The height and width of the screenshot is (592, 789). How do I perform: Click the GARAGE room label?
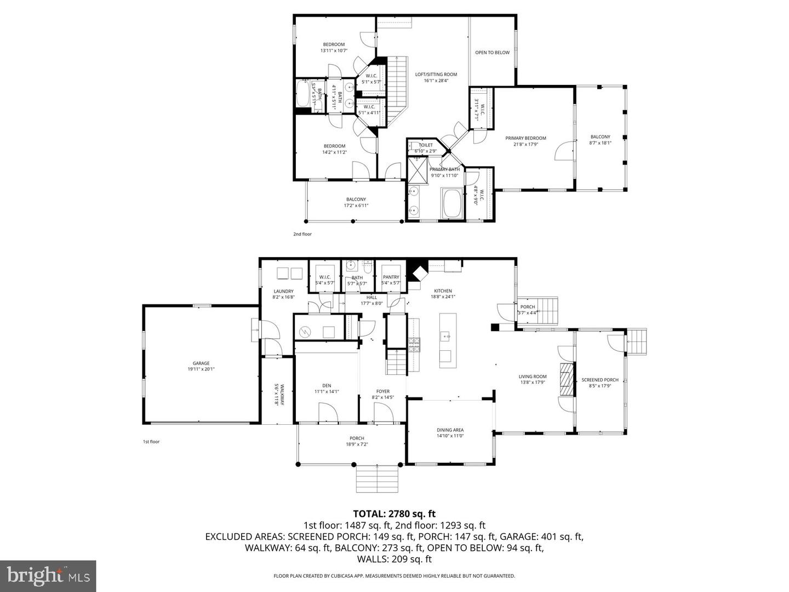[x=201, y=363]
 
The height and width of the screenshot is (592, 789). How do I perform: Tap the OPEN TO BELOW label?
[x=492, y=53]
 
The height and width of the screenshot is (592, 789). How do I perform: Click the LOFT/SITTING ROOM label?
[x=436, y=75]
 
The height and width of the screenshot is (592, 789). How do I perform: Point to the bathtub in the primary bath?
[x=452, y=203]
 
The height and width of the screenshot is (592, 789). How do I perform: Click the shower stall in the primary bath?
[x=418, y=169]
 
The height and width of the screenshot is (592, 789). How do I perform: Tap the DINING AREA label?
[x=450, y=430]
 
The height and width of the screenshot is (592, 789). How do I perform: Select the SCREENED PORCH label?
[x=600, y=380]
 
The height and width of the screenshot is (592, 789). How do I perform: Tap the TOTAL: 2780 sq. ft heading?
[x=394, y=514]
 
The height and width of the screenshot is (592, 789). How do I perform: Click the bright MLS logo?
[x=48, y=576]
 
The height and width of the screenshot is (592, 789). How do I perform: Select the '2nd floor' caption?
[x=302, y=234]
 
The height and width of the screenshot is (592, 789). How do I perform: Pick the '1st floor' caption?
[x=151, y=441]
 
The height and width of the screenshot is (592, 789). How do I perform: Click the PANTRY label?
[x=391, y=277]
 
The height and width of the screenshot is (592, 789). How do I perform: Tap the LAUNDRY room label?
[x=283, y=291]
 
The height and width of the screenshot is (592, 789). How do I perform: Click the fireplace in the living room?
[x=565, y=379]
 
